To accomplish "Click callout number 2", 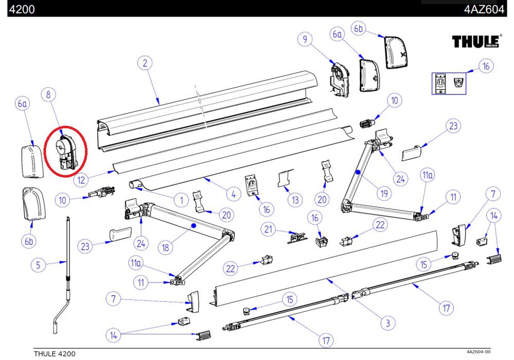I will [145, 63].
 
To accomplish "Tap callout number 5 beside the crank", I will [38, 266].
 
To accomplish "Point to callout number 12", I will [81, 180].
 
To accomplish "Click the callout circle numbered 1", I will [181, 199].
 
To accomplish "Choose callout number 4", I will [233, 195].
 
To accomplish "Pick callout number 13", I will [294, 200].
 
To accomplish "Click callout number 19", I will [382, 193].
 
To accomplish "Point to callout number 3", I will [387, 323].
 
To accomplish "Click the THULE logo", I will [476, 41].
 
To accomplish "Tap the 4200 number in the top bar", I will [22, 8].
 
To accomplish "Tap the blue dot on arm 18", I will [194, 225].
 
